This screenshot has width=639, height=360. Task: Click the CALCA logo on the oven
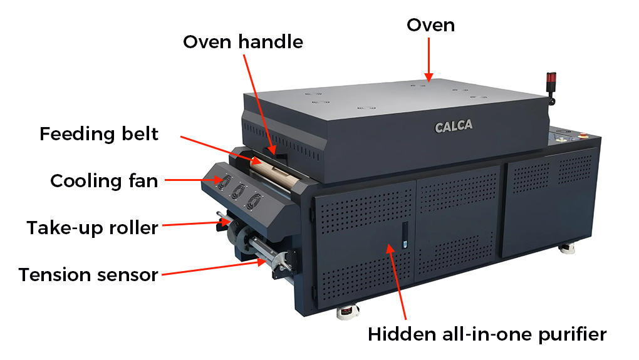(454, 126)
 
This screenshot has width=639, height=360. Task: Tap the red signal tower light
(551, 78)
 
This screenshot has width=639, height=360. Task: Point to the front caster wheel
(348, 312)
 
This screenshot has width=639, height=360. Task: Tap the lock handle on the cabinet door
(405, 235)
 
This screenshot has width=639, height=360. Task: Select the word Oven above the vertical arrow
(431, 25)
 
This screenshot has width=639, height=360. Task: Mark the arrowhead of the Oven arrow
(429, 78)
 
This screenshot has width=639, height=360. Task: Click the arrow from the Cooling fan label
(194, 180)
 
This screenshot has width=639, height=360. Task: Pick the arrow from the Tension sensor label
(214, 268)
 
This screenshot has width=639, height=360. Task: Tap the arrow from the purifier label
(397, 282)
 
